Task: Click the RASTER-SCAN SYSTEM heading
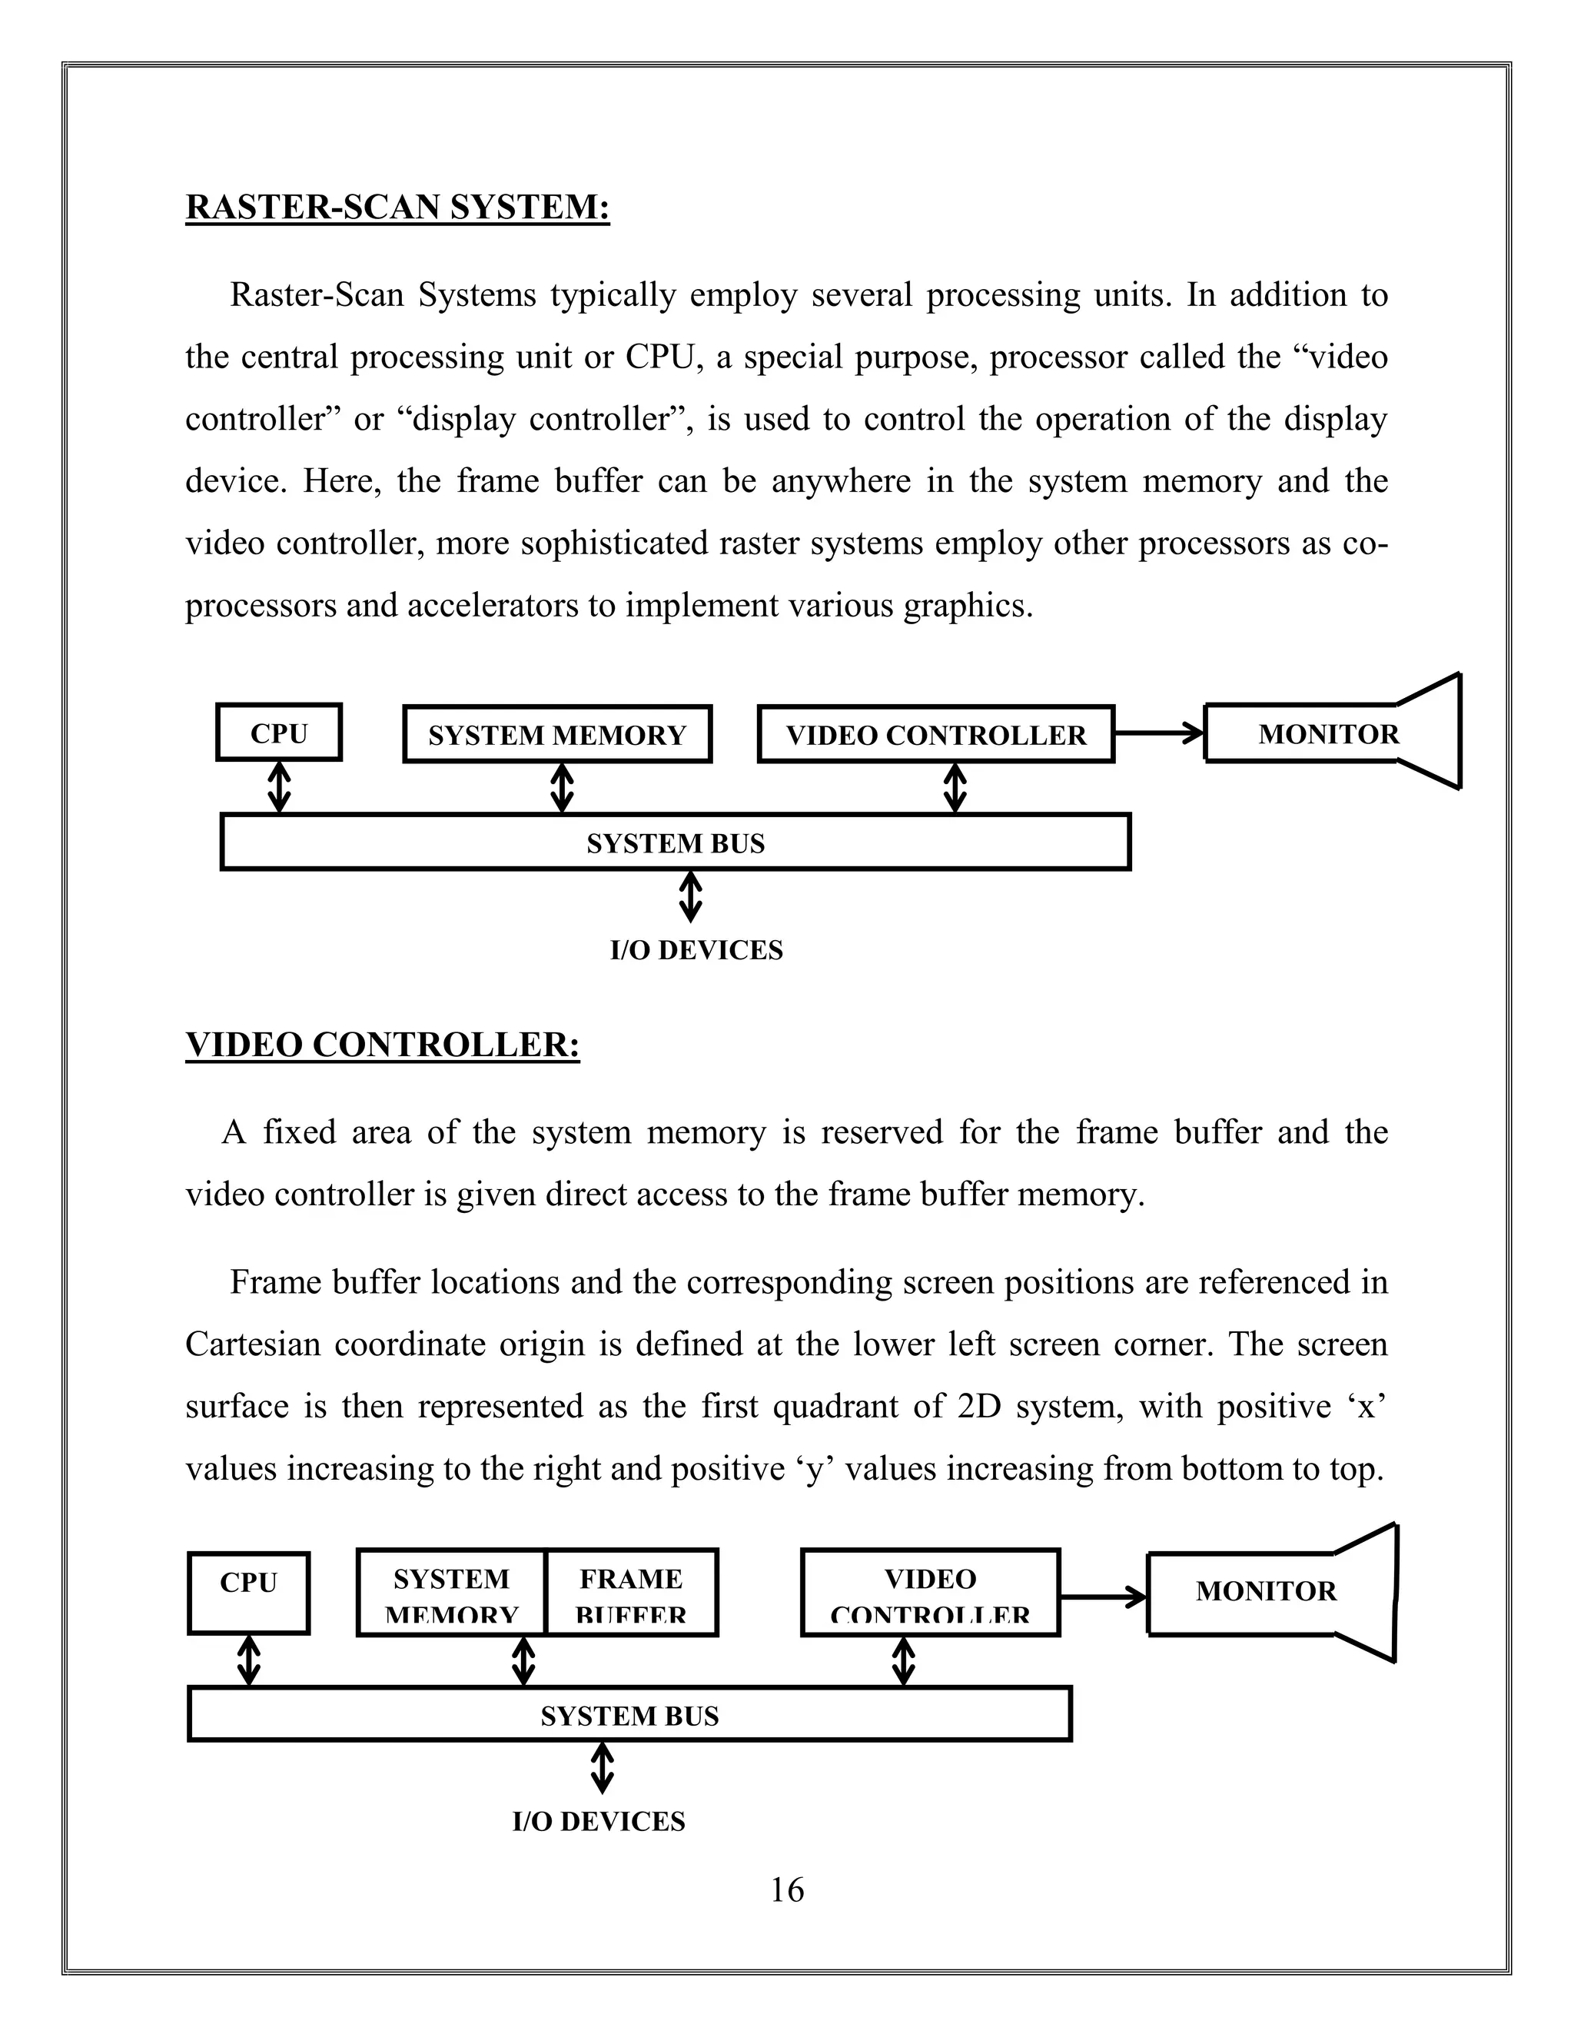pyautogui.click(x=397, y=206)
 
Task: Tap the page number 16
pyautogui.click(x=786, y=1889)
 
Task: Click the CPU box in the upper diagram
pyautogui.click(x=279, y=733)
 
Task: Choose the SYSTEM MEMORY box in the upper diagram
pyautogui.click(x=556, y=735)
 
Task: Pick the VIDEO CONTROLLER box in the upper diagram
pyautogui.click(x=935, y=735)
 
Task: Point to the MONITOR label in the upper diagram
pyautogui.click(x=1328, y=734)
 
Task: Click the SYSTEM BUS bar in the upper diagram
pyautogui.click(x=675, y=842)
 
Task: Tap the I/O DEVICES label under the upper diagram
pyautogui.click(x=696, y=949)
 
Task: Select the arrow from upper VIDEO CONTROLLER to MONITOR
pyautogui.click(x=1158, y=733)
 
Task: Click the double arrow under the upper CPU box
pyautogui.click(x=279, y=787)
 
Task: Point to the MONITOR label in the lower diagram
pyautogui.click(x=1265, y=1590)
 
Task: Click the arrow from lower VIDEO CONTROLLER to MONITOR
pyautogui.click(x=1102, y=1597)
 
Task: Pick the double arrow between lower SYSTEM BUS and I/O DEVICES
pyautogui.click(x=603, y=1769)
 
